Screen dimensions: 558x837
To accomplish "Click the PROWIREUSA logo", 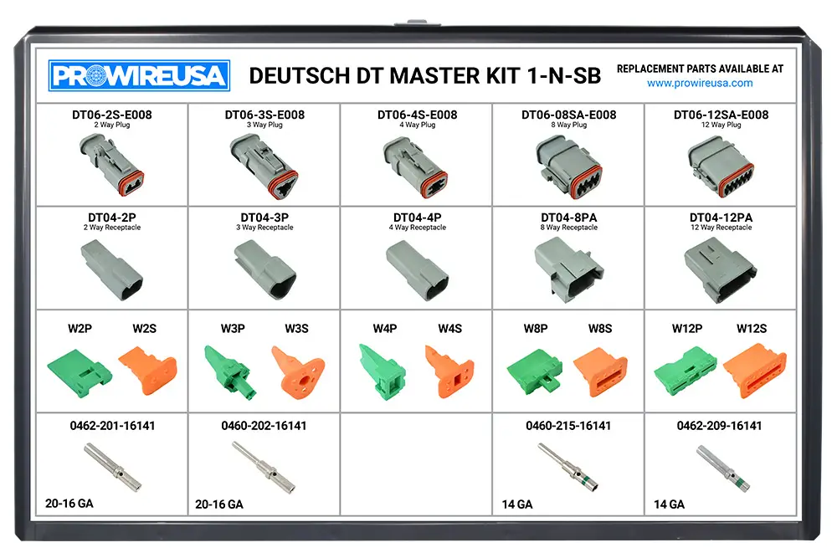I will tap(139, 76).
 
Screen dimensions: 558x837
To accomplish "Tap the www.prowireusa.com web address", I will tap(700, 83).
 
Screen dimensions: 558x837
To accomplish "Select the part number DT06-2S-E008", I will tap(112, 115).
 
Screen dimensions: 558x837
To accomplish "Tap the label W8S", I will tap(599, 329).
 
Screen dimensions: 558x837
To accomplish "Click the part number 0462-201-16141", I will tap(112, 426).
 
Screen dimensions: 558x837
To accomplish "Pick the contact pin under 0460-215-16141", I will tap(567, 466).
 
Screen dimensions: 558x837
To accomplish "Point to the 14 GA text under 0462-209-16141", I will tap(670, 504).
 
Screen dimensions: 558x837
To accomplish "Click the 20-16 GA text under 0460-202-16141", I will tap(219, 504).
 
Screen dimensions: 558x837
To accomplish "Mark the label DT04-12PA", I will tap(721, 218).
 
